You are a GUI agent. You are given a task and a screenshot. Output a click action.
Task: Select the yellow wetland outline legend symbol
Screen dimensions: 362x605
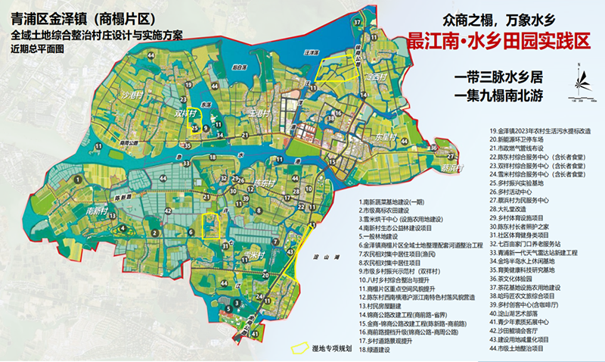(x=299, y=350)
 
